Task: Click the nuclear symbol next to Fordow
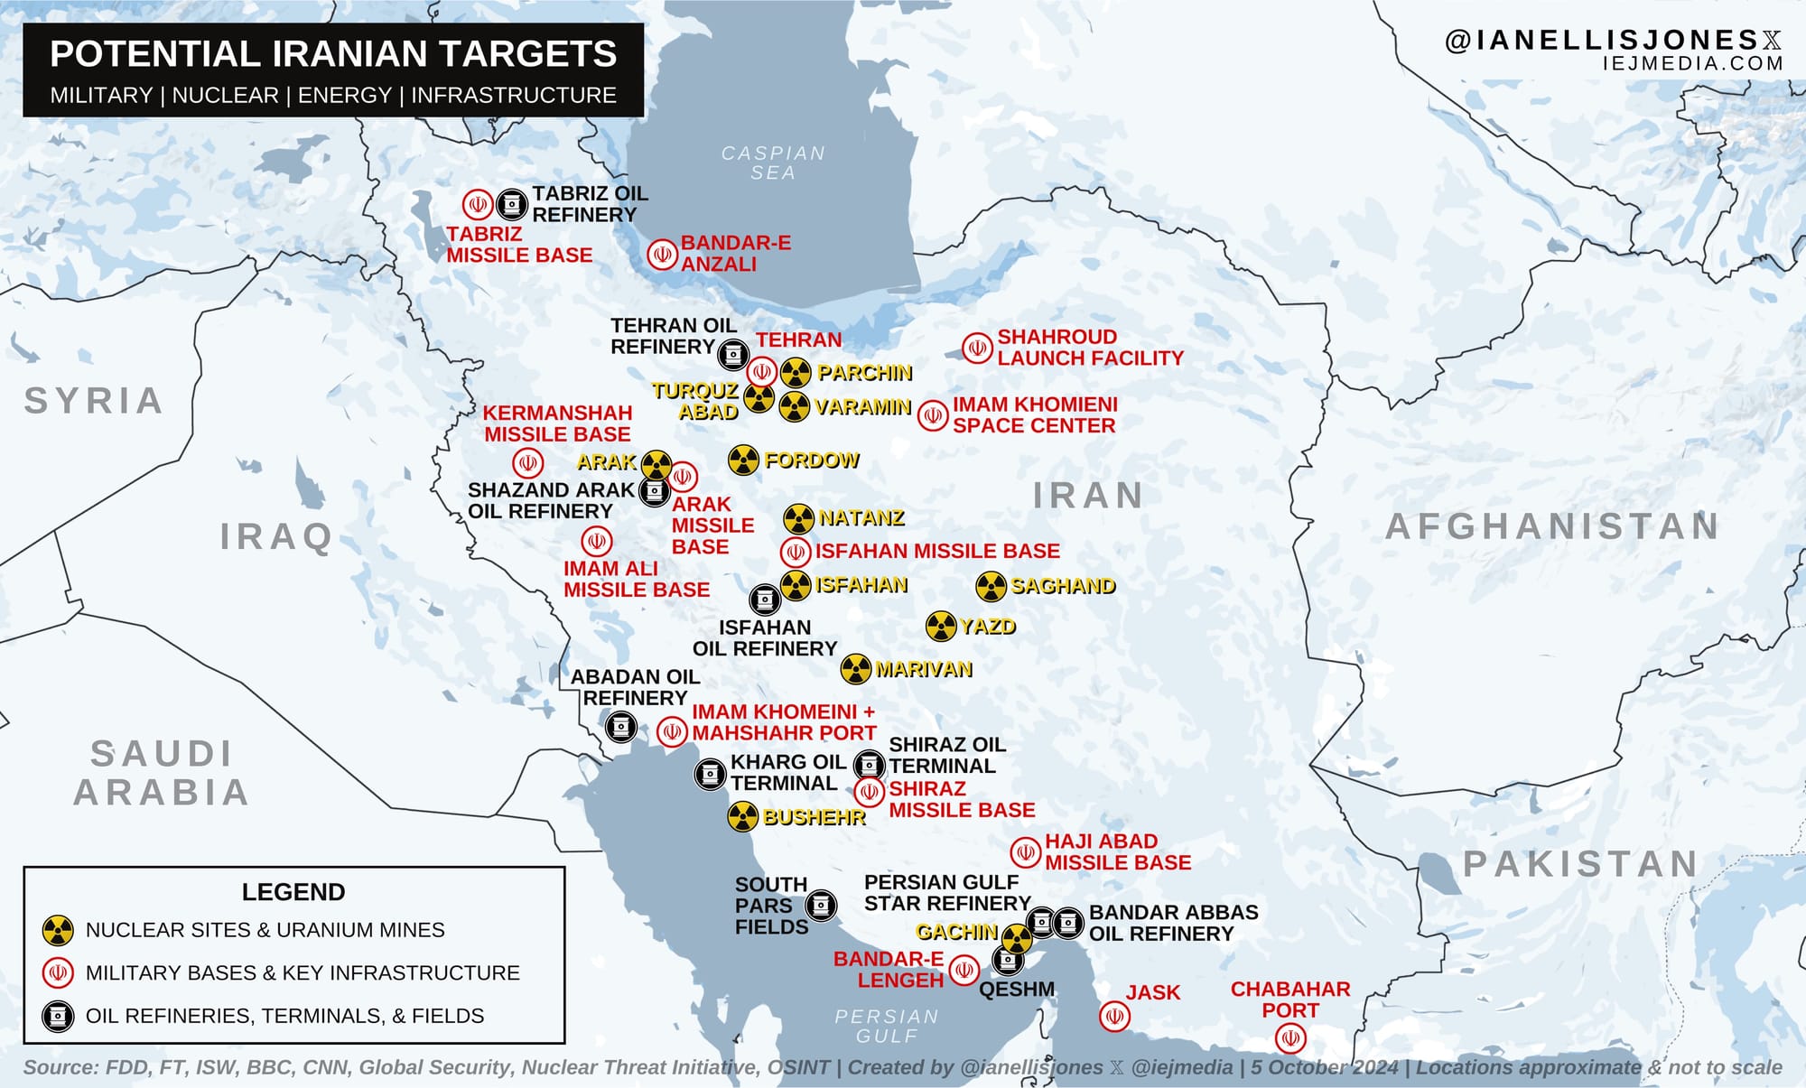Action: [x=743, y=460]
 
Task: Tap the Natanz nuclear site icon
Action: [x=798, y=518]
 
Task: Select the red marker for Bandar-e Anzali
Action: [x=662, y=255]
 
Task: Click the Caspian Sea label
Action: [x=773, y=163]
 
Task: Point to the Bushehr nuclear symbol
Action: [x=742, y=817]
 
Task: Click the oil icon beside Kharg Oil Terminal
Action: [x=710, y=774]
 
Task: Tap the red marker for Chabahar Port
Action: [x=1290, y=1038]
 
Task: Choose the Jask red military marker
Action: [x=1115, y=1017]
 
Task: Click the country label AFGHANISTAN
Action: [x=1552, y=526]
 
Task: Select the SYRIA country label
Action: [x=94, y=401]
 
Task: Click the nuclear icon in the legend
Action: [x=58, y=930]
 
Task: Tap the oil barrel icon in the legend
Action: [x=58, y=1016]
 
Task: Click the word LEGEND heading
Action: [x=293, y=892]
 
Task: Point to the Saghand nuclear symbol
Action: [x=991, y=586]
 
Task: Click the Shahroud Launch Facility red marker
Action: [x=977, y=348]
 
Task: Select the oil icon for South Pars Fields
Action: [x=821, y=905]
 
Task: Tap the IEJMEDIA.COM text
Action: [x=1692, y=63]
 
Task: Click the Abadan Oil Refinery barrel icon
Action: [x=620, y=727]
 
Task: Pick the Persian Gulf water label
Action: [x=887, y=1027]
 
